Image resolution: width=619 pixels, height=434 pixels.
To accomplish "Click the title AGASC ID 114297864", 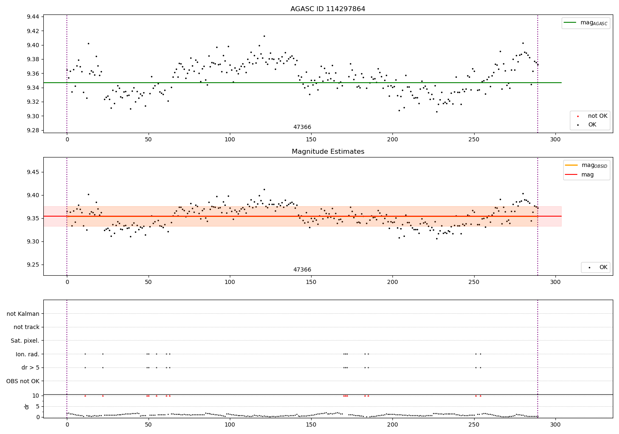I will [328, 9].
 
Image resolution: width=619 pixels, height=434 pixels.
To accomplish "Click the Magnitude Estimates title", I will [328, 152].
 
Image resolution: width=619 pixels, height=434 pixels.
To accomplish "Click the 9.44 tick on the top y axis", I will [33, 17].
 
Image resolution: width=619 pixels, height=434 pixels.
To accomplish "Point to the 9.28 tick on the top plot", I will [33, 130].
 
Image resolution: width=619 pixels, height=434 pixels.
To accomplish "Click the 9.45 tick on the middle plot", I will [33, 172].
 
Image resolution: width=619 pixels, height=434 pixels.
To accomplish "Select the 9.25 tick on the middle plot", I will [33, 265].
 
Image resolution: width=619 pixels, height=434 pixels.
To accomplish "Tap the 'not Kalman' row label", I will [23, 314].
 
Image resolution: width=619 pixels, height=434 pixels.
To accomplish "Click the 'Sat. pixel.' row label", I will [25, 341].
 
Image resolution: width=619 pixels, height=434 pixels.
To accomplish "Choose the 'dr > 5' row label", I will [31, 367].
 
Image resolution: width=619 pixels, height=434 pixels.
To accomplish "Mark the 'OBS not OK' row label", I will [23, 381].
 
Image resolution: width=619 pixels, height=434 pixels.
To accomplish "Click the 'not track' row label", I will [26, 327].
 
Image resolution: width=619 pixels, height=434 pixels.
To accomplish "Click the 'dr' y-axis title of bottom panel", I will [27, 406].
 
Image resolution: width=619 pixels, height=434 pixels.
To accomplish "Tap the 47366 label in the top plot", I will [302, 127].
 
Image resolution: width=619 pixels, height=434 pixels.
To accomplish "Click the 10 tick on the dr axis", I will [36, 396].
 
